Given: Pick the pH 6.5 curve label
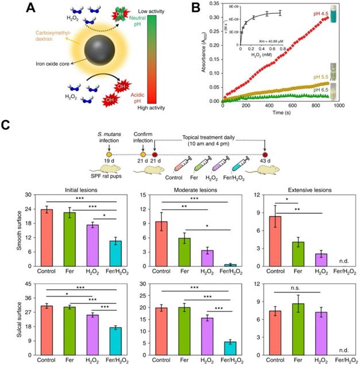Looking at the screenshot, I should (315, 89).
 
